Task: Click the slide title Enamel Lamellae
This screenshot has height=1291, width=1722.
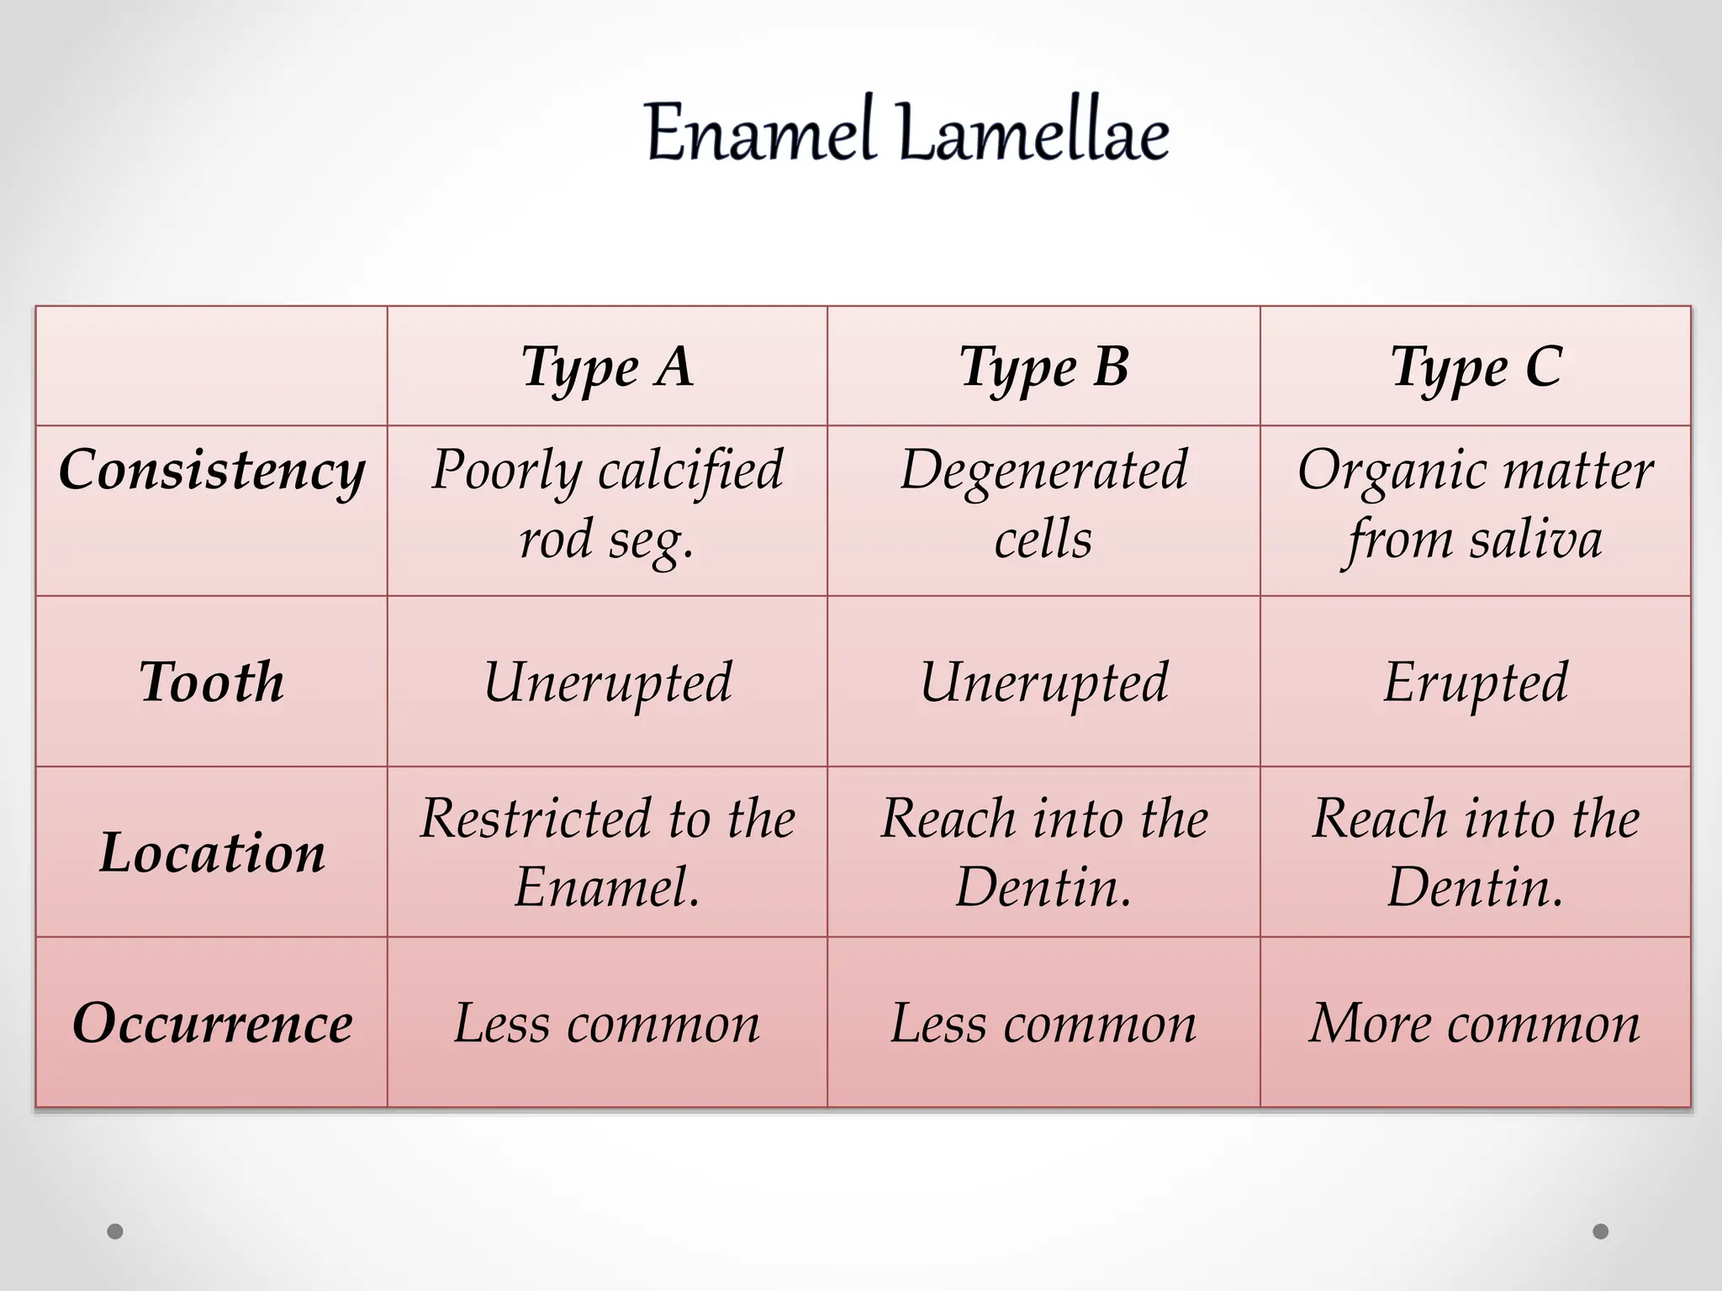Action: (906, 133)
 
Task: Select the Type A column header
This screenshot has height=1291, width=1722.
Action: (607, 367)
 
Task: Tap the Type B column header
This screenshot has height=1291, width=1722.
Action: (1043, 367)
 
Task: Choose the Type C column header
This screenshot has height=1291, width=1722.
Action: (1476, 367)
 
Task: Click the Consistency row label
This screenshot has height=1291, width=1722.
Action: (212, 471)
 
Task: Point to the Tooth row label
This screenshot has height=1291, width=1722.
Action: (212, 682)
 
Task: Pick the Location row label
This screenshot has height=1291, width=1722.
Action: (212, 852)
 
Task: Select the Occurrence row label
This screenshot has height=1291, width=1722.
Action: (212, 1023)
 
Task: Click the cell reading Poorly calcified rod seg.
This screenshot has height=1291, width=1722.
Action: (607, 504)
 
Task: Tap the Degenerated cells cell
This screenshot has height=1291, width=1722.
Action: (1043, 504)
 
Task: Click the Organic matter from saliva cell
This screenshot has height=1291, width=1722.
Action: (1476, 504)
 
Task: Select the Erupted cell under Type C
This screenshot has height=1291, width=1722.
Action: (1476, 682)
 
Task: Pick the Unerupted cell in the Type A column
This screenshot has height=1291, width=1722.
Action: (607, 682)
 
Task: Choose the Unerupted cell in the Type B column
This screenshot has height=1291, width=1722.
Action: (1043, 682)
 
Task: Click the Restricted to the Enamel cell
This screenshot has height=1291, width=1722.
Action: (607, 852)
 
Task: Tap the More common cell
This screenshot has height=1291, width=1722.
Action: (1476, 1023)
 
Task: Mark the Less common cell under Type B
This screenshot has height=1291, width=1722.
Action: (1043, 1023)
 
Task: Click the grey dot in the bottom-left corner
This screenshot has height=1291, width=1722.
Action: (115, 1231)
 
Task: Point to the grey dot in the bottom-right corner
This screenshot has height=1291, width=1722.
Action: (1601, 1231)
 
